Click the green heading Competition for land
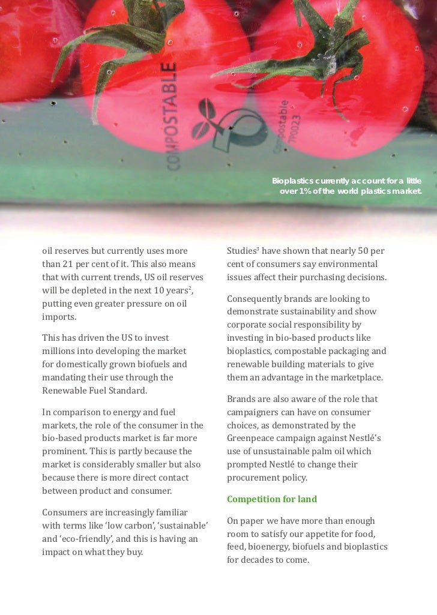point(271,499)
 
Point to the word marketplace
point(355,377)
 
